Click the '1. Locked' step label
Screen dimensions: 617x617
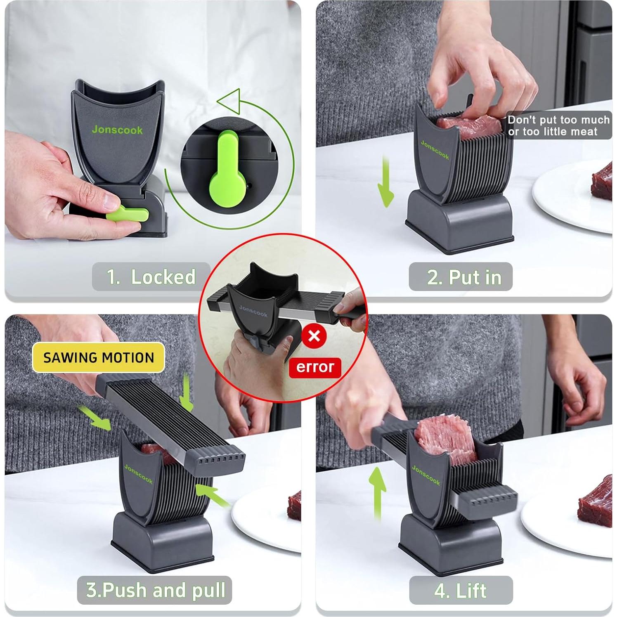pyautogui.click(x=151, y=277)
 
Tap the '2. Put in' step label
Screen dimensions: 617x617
pyautogui.click(x=461, y=277)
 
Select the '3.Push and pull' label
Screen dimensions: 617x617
pyautogui.click(x=155, y=590)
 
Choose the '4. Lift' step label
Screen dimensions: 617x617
pyautogui.click(x=461, y=591)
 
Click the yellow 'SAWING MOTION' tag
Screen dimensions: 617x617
pyautogui.click(x=98, y=357)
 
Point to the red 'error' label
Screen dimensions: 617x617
pyautogui.click(x=315, y=367)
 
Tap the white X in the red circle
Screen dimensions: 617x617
pyautogui.click(x=314, y=336)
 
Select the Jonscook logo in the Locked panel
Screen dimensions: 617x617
pyautogui.click(x=117, y=130)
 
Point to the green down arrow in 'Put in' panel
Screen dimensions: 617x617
pyautogui.click(x=385, y=182)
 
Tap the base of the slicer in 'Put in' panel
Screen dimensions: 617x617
pyautogui.click(x=460, y=223)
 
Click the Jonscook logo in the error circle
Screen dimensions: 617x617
pyautogui.click(x=253, y=311)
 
